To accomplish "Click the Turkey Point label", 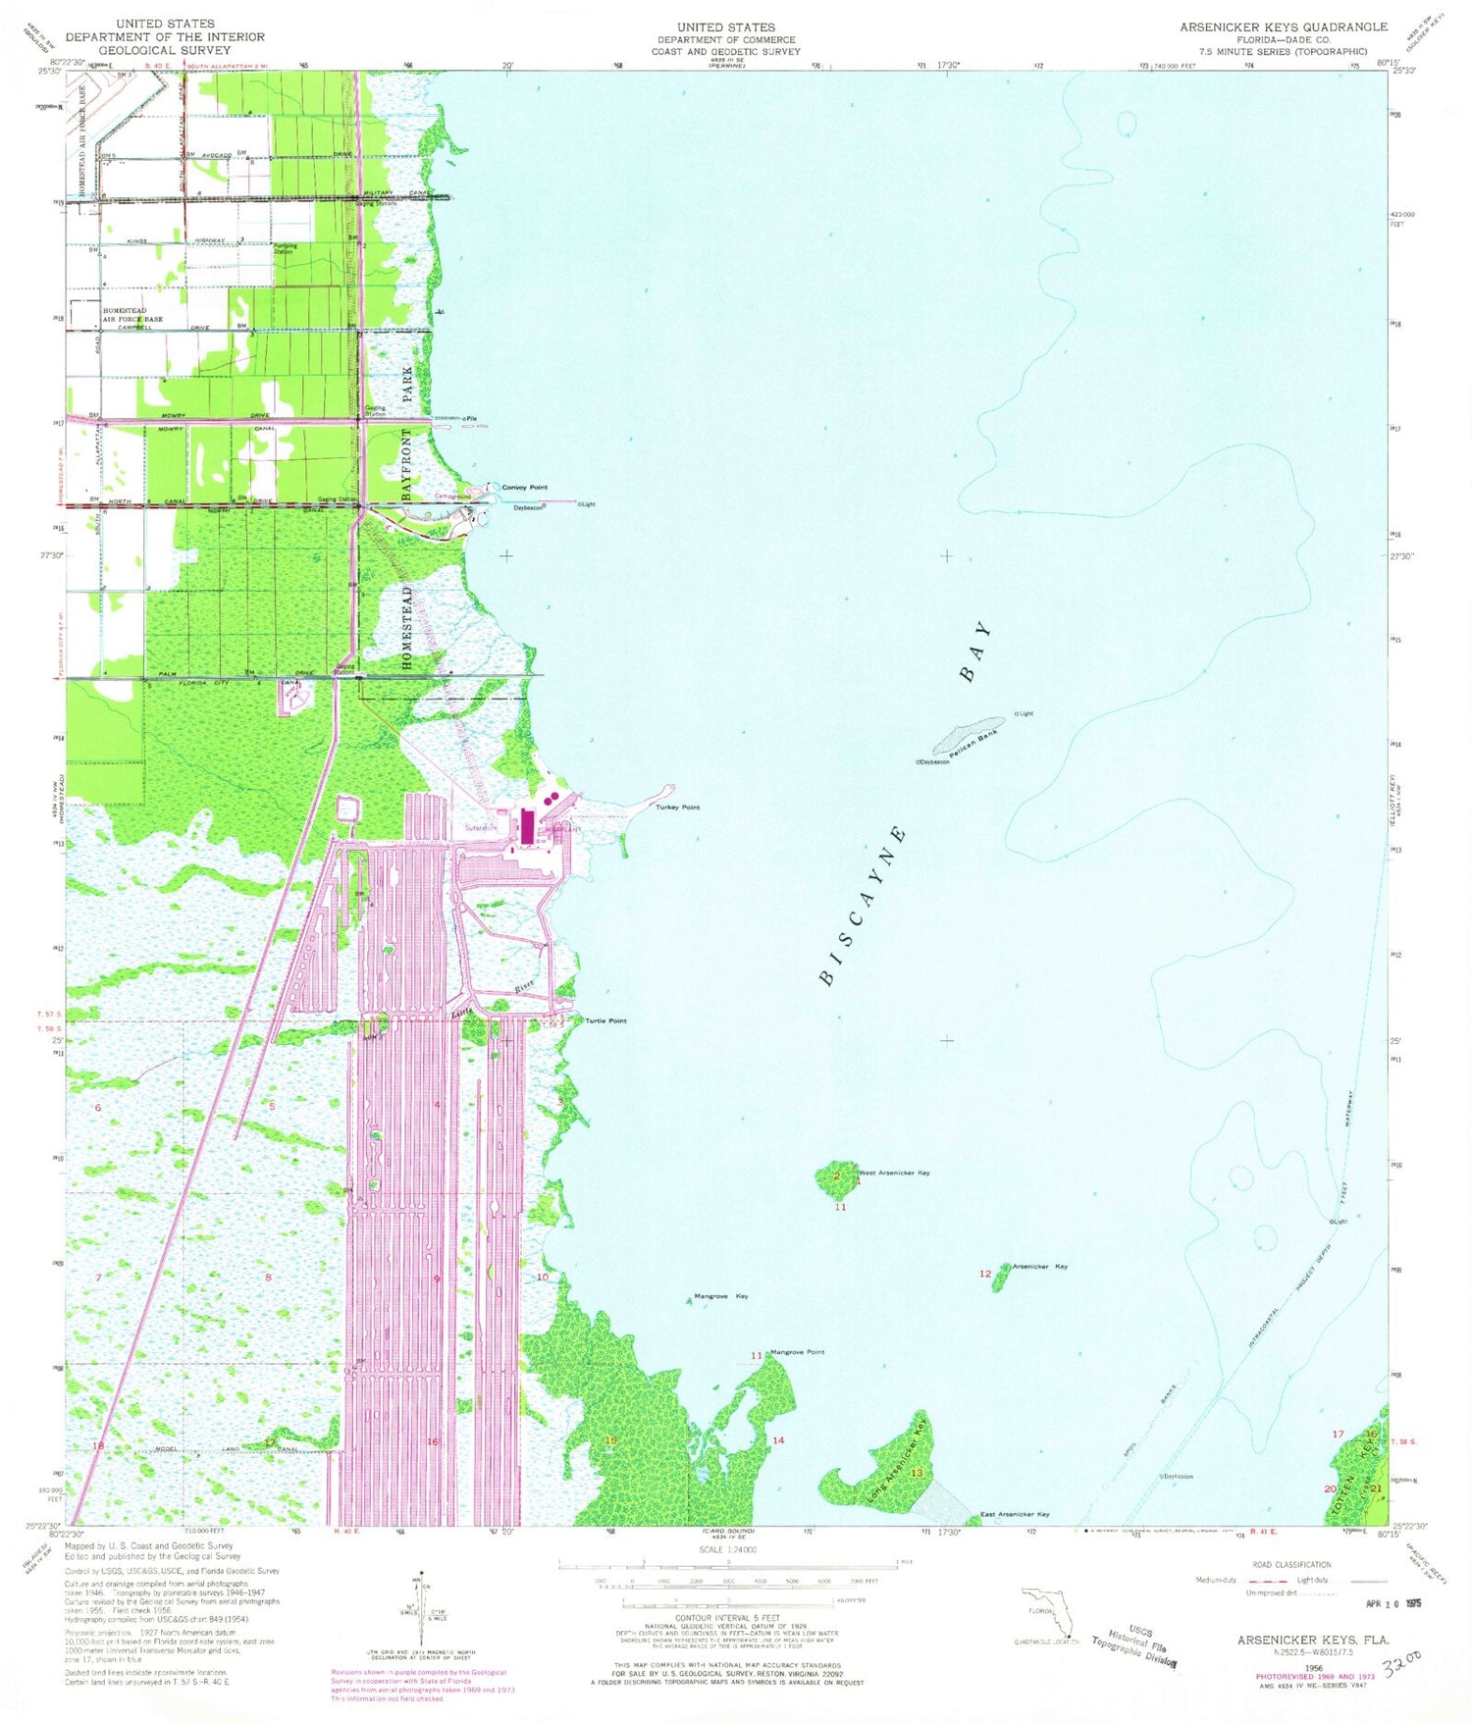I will [677, 807].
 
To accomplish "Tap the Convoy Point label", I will [524, 487].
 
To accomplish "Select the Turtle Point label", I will [605, 1020].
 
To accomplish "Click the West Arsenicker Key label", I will [894, 1173].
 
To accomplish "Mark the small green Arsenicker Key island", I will [1001, 1278].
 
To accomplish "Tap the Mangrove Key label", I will [720, 1296].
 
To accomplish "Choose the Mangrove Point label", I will [797, 1352].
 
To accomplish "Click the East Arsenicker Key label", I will [1015, 1514].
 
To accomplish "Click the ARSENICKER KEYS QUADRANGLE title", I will [1283, 26].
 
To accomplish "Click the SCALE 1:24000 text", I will [727, 1549].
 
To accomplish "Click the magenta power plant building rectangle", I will [528, 826].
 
